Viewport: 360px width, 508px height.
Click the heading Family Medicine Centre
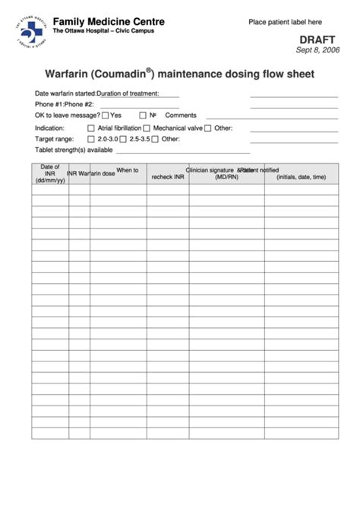pyautogui.click(x=96, y=23)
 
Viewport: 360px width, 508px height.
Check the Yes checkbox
pyautogui.click(x=105, y=115)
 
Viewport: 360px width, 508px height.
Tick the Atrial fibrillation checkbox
pyautogui.click(x=92, y=128)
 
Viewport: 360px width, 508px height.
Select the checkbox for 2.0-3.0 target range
pyautogui.click(x=92, y=140)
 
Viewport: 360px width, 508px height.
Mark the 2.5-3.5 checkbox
pyautogui.click(x=125, y=140)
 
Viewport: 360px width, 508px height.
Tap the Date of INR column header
pyautogui.click(x=50, y=173)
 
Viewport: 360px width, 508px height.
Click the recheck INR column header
pyautogui.click(x=168, y=177)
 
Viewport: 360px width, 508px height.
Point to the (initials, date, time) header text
pyautogui.click(x=302, y=177)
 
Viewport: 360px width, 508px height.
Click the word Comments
pyautogui.click(x=181, y=115)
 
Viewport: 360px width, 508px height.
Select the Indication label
pyautogui.click(x=49, y=128)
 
